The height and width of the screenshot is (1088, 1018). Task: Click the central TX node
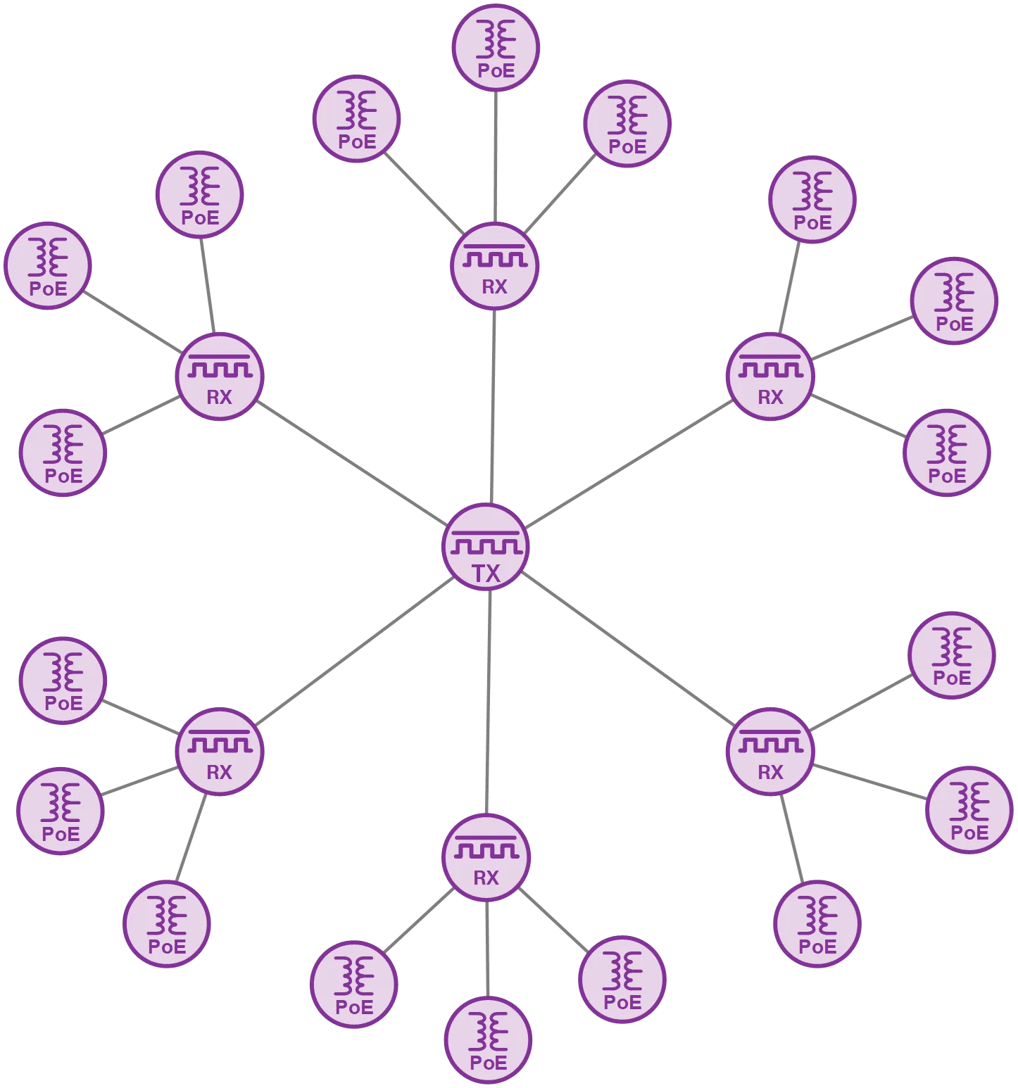point(486,548)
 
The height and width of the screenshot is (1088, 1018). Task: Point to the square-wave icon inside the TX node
point(486,543)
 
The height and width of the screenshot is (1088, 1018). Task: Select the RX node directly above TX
point(495,267)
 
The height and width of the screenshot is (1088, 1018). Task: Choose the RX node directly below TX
point(486,858)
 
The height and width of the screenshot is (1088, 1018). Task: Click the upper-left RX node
point(220,377)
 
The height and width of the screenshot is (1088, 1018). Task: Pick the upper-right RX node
point(770,377)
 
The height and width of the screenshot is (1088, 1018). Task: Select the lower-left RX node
point(220,752)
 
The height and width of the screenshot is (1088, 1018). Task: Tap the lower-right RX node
point(770,752)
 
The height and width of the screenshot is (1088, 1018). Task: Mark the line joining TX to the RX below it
point(488,704)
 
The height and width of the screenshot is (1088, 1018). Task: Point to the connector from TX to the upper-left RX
point(352,462)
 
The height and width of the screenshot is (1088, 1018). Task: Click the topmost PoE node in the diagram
point(496,48)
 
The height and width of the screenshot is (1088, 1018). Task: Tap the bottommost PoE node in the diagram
point(488,1041)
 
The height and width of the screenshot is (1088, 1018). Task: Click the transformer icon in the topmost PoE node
point(496,39)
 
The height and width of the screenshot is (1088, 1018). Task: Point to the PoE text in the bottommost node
point(488,1062)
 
